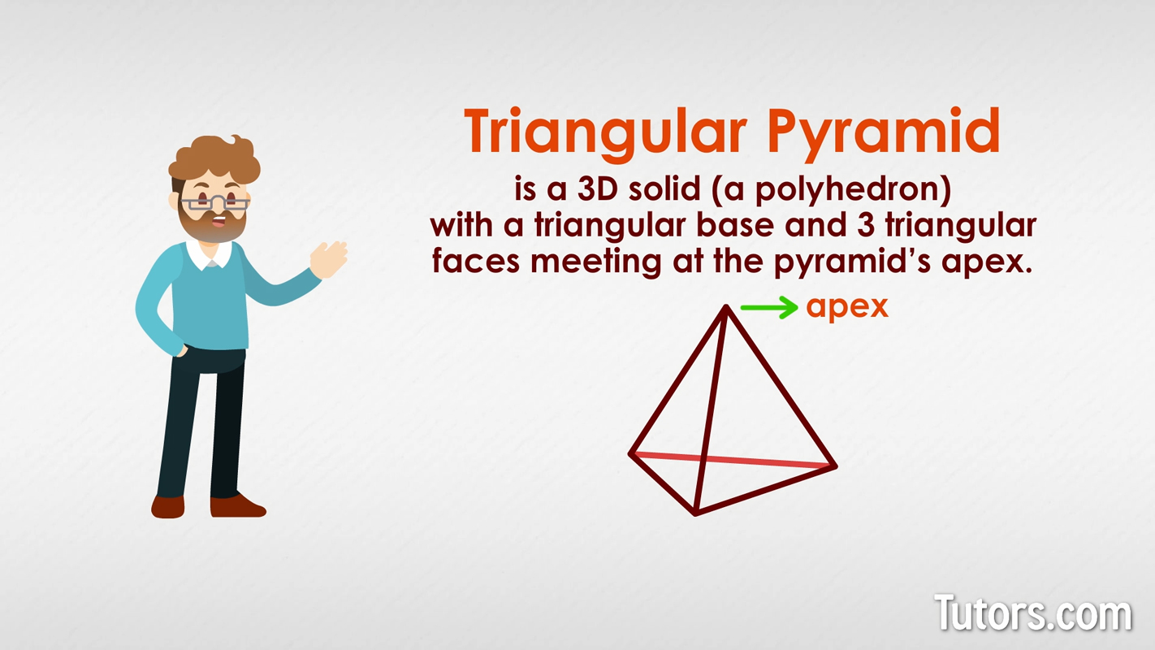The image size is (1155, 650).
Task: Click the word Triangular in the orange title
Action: (x=605, y=132)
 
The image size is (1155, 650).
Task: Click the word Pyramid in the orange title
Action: (x=884, y=132)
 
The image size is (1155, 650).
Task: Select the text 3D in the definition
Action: (x=598, y=188)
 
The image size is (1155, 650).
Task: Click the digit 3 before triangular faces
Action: (x=866, y=225)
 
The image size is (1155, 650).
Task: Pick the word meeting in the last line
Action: (x=595, y=262)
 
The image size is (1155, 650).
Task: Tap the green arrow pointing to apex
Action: (x=769, y=307)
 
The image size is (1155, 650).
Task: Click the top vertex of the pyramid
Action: (x=726, y=307)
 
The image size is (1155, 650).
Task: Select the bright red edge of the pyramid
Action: (x=733, y=460)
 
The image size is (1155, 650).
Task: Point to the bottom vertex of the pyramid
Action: (x=695, y=513)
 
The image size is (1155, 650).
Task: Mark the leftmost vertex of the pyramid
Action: (x=630, y=454)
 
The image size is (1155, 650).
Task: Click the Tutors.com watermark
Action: (x=1032, y=613)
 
